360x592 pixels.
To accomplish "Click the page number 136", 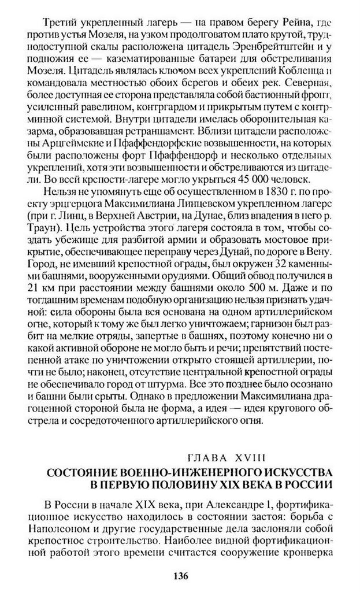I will (180, 575).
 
